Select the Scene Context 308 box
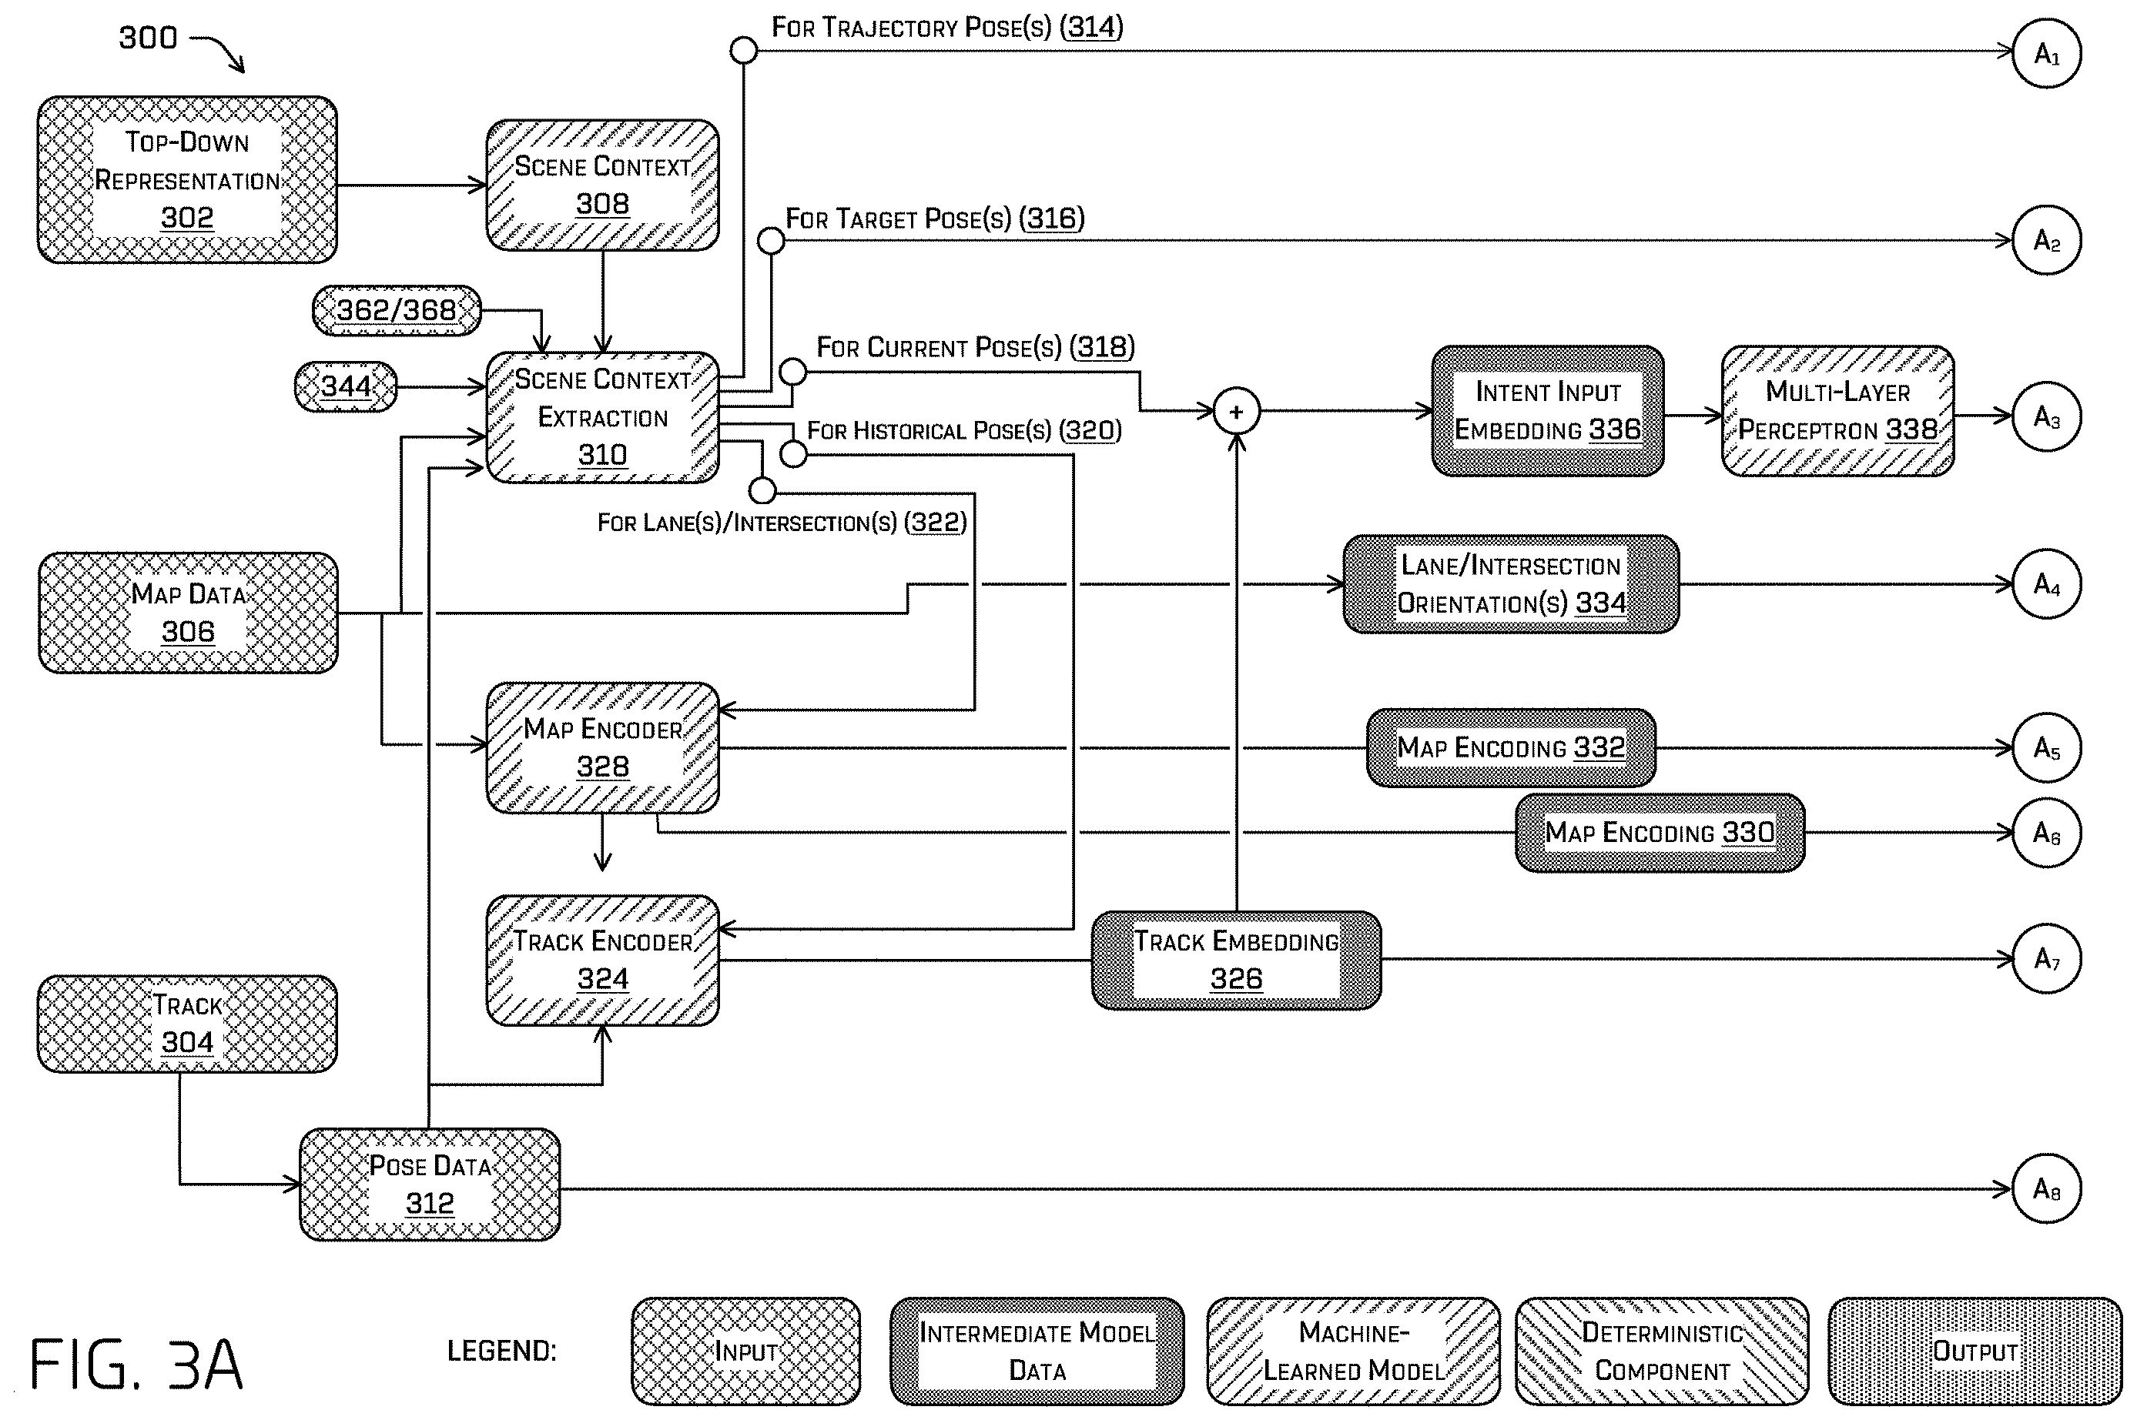pyautogui.click(x=602, y=185)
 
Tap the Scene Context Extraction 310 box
pyautogui.click(x=602, y=416)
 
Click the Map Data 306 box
pyautogui.click(x=188, y=612)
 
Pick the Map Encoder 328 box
pyautogui.click(x=602, y=747)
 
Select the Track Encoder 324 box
pyautogui.click(x=602, y=960)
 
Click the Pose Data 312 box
pyautogui.click(x=430, y=1184)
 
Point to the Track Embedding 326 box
pyautogui.click(x=1236, y=960)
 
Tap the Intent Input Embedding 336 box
pyautogui.click(x=1547, y=411)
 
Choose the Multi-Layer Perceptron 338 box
pyautogui.click(x=1837, y=411)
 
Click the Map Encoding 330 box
pyautogui.click(x=1660, y=832)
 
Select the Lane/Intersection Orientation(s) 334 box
pyautogui.click(x=1511, y=584)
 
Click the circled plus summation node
pyautogui.click(x=1237, y=412)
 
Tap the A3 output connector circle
pyautogui.click(x=2046, y=416)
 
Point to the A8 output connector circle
pyautogui.click(x=2046, y=1188)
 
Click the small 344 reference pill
pyautogui.click(x=346, y=386)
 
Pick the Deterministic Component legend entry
pyautogui.click(x=1661, y=1352)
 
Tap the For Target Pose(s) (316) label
pyautogui.click(x=935, y=219)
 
